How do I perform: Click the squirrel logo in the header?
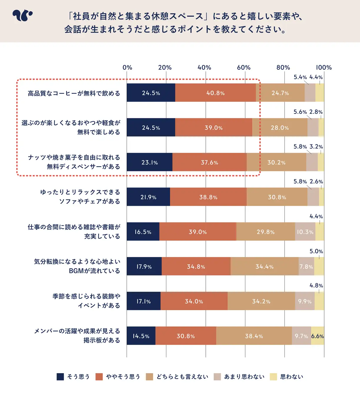click(x=22, y=15)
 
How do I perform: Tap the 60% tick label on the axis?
click(x=244, y=68)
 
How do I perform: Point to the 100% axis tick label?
click(x=324, y=68)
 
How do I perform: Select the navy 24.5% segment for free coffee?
click(x=151, y=93)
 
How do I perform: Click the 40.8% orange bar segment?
click(x=215, y=93)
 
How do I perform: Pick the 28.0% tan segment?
click(x=280, y=128)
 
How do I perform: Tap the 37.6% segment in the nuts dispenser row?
click(x=210, y=162)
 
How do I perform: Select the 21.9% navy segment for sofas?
click(x=148, y=197)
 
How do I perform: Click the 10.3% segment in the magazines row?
click(x=305, y=232)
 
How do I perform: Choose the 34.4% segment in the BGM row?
click(x=264, y=266)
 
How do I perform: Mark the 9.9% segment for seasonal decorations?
click(x=305, y=301)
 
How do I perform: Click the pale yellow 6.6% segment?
click(x=317, y=336)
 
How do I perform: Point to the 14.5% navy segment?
click(x=141, y=336)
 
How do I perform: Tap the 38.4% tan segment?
click(x=254, y=336)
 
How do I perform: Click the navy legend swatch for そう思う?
click(x=60, y=377)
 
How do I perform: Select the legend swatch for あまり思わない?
click(x=217, y=377)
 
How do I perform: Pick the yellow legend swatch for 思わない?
click(x=273, y=377)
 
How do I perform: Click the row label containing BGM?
click(x=77, y=266)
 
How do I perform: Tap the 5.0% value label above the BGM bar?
click(x=316, y=251)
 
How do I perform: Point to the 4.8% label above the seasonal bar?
click(x=316, y=286)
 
